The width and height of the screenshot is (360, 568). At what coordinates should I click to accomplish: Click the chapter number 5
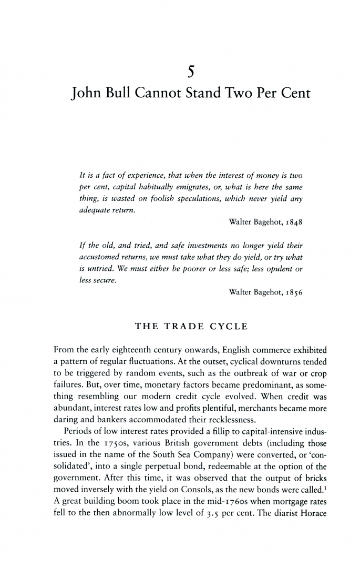pos(180,68)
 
